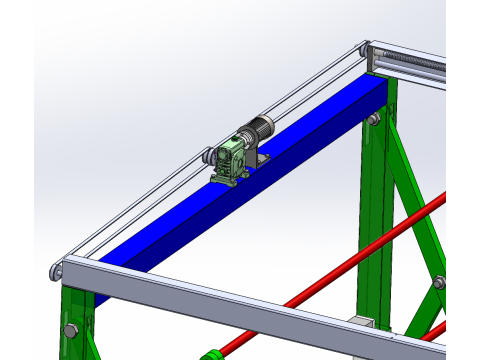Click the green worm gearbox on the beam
pyautogui.click(x=232, y=160)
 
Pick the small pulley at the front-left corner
pyautogui.click(x=58, y=271)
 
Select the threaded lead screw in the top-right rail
pyautogui.click(x=420, y=65)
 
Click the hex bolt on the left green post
pyautogui.click(x=70, y=330)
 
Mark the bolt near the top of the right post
pyautogui.click(x=374, y=120)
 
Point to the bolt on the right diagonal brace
pyautogui.click(x=438, y=282)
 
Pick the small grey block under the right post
pyautogui.click(x=362, y=323)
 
